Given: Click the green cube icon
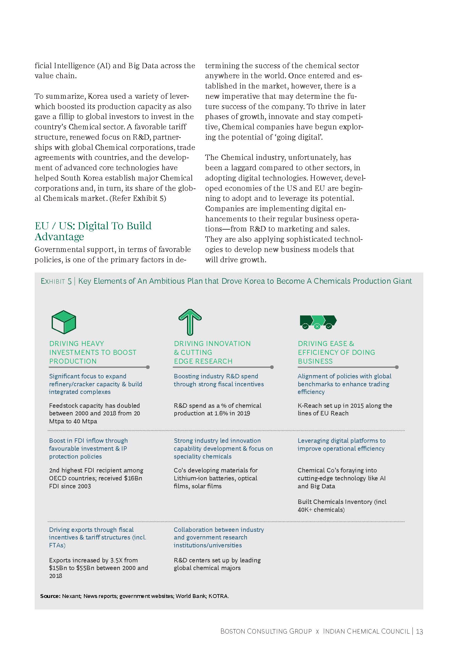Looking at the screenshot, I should coord(64,322).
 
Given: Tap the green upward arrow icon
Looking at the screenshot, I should coord(190,322).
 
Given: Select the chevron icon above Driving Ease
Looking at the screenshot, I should coord(318,322).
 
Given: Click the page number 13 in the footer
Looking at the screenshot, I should coord(420,631).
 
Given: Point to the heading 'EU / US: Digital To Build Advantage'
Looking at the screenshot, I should coord(93,231).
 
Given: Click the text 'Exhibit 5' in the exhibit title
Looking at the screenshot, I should coord(56,281).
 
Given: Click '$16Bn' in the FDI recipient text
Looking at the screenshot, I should coord(133,478).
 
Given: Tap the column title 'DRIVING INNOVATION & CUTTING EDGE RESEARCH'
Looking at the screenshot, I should coord(212,352).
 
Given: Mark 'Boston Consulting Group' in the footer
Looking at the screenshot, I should coord(266,631).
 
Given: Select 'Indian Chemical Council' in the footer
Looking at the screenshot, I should coord(366,631).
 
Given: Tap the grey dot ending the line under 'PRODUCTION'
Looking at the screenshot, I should coord(148,367).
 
